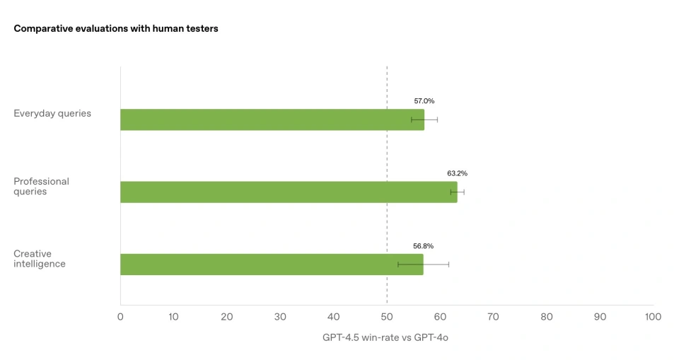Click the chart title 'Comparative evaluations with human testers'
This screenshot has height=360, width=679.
(x=117, y=29)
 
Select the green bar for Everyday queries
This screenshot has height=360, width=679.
(x=272, y=120)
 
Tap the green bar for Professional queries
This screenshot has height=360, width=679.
(x=289, y=192)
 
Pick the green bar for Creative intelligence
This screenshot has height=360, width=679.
(x=272, y=265)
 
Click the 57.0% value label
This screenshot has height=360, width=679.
(x=424, y=101)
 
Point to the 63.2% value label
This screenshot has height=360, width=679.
(x=457, y=173)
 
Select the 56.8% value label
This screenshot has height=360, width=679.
(x=423, y=246)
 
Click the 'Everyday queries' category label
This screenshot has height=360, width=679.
(x=52, y=113)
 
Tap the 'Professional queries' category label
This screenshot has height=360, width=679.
(x=42, y=186)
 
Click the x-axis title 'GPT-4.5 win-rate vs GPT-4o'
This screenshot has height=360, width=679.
(x=385, y=337)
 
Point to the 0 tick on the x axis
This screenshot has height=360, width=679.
(x=120, y=317)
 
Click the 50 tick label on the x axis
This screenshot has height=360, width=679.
(x=387, y=317)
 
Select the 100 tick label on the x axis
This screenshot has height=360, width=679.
(x=653, y=317)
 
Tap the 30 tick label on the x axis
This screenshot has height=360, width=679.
(x=280, y=317)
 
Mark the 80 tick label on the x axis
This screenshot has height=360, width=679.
(x=547, y=317)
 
